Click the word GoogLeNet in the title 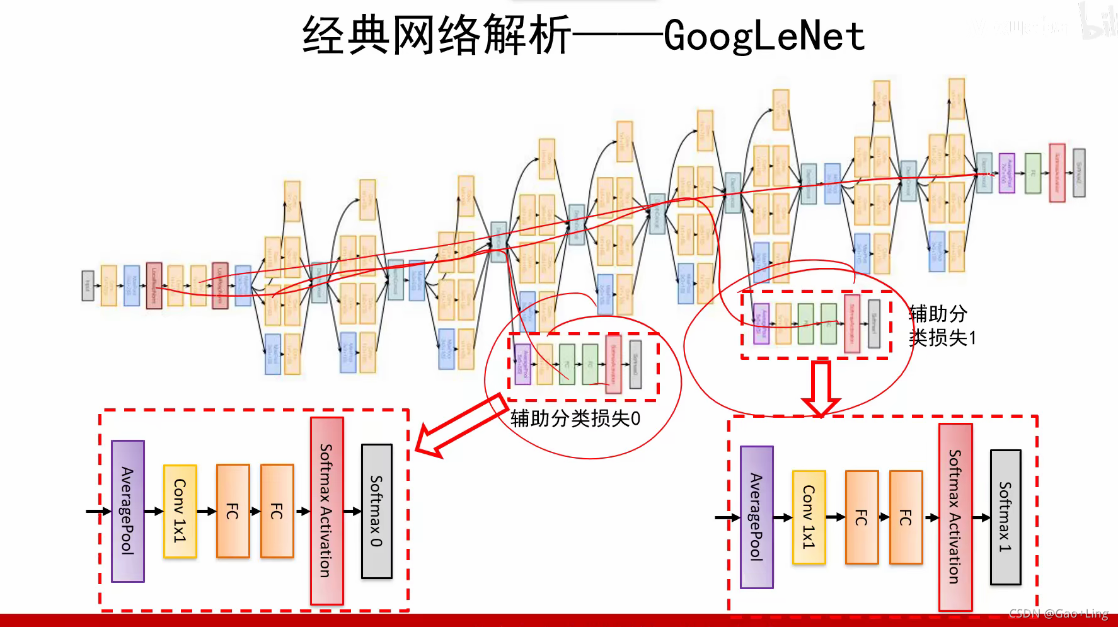point(764,36)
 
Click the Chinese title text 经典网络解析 point(436,36)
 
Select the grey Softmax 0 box point(376,511)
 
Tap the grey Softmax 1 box point(1005,517)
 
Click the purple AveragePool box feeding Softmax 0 point(127,511)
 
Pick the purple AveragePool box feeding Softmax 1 point(756,517)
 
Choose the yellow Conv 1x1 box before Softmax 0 point(180,511)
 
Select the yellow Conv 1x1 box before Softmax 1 point(809,517)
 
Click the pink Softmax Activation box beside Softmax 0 point(326,511)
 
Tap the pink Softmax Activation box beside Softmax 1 point(955,517)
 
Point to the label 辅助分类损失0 point(575,418)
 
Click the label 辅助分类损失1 point(942,326)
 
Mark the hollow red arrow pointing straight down point(821,388)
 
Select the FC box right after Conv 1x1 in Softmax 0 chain point(233,511)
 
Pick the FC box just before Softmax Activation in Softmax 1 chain point(906,517)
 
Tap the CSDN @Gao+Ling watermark point(1058,613)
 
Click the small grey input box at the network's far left point(88,285)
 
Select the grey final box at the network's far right point(1079,173)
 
